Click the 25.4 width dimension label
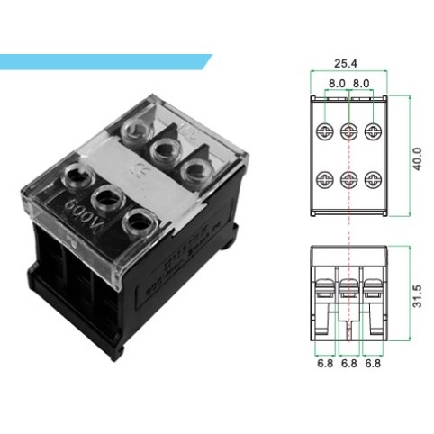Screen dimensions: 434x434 [348, 65]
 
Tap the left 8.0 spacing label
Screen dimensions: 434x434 [335, 83]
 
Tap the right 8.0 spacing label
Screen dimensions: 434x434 [359, 83]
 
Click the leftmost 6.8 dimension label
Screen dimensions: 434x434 [322, 365]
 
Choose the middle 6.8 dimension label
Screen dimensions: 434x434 [348, 365]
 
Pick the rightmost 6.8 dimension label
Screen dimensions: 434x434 [372, 365]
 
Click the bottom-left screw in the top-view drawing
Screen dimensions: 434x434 [325, 177]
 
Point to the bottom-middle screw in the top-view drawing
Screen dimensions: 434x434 [348, 177]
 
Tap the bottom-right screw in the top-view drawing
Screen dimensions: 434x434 [370, 177]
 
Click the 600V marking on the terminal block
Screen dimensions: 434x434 [79, 213]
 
